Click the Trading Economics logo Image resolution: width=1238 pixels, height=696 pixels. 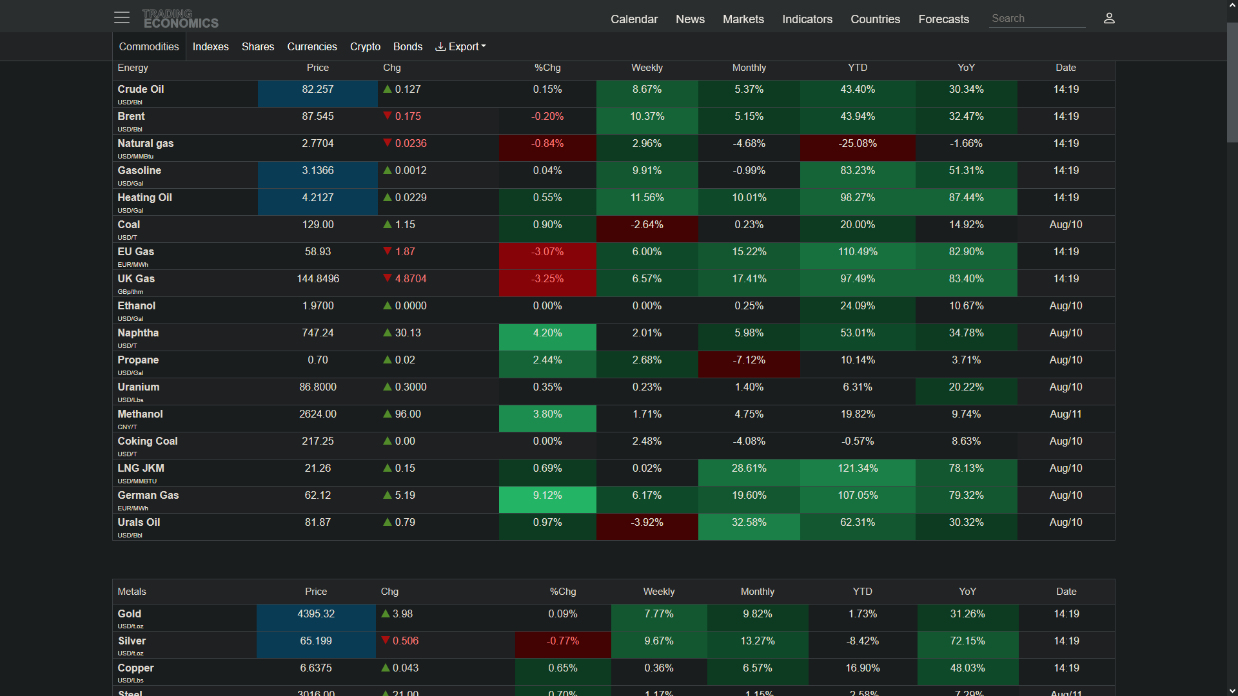(181, 19)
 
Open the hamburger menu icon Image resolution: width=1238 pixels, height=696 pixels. (122, 18)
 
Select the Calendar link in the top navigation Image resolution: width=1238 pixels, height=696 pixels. (634, 19)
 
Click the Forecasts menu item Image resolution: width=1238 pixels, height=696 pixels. (944, 19)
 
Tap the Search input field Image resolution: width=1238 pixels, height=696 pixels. (1037, 19)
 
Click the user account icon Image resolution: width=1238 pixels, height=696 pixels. (1109, 18)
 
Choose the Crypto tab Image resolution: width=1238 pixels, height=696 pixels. (365, 46)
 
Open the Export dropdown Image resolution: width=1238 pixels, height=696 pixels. (461, 46)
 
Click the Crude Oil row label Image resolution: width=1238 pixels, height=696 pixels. (141, 89)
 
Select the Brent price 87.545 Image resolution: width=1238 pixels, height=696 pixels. (318, 116)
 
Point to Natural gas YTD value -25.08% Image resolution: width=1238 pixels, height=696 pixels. (858, 143)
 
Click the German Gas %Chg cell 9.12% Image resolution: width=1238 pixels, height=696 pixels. (547, 495)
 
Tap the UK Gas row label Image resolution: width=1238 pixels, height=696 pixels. (136, 278)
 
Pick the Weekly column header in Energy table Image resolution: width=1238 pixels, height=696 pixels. (647, 68)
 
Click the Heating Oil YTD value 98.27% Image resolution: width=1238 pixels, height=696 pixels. (858, 197)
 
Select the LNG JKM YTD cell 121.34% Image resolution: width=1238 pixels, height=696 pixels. (858, 468)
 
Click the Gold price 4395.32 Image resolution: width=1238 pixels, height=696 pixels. (316, 614)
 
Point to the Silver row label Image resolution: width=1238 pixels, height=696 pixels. (132, 641)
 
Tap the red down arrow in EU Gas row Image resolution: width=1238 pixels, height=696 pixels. (388, 251)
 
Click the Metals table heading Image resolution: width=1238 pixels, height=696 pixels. (132, 592)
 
